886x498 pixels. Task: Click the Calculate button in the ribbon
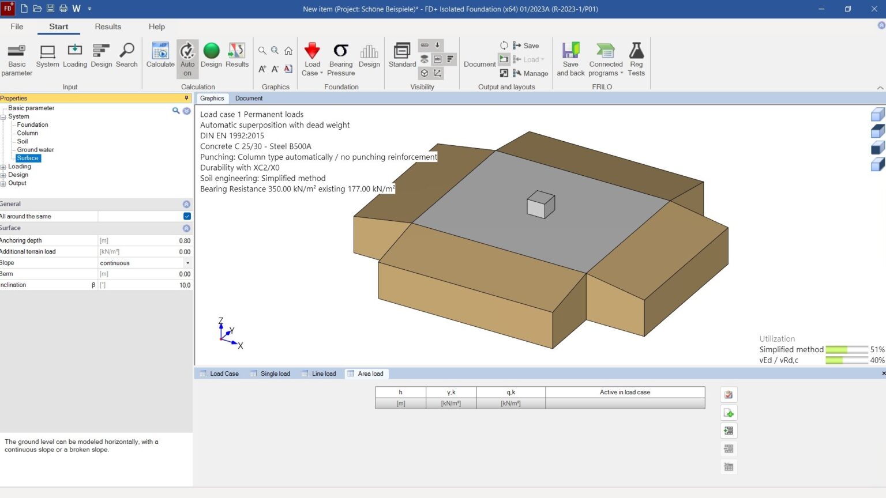[160, 55]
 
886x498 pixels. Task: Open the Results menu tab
[108, 27]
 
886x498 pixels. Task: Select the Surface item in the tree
[28, 158]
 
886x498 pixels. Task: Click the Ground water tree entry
[35, 150]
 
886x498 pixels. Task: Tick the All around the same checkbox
[187, 216]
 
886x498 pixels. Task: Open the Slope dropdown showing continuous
[187, 263]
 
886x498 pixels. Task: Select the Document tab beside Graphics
[249, 99]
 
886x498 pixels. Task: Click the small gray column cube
[540, 205]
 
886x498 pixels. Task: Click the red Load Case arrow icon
[312, 51]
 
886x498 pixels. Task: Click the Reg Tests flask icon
[636, 51]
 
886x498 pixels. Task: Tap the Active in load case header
[625, 393]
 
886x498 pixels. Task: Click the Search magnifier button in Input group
[127, 55]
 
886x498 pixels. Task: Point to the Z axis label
[220, 321]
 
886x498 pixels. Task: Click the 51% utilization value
[877, 350]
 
